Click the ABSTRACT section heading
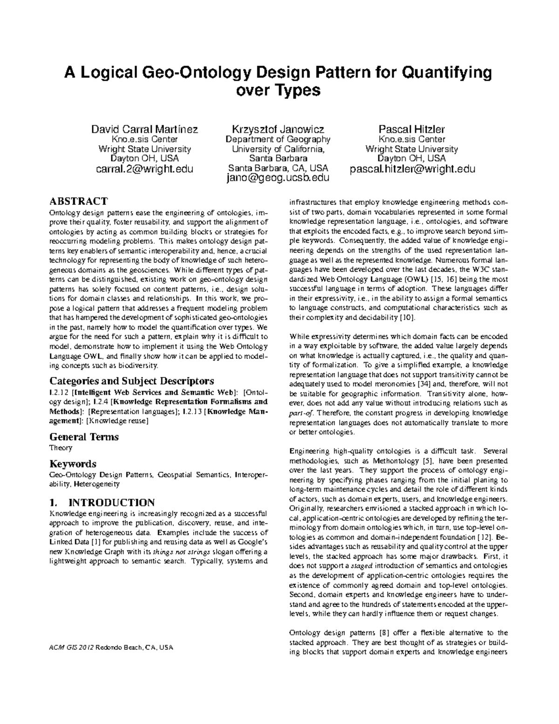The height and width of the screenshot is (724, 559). click(79, 201)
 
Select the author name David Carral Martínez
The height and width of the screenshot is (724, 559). click(144, 129)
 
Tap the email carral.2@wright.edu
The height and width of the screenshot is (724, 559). click(144, 168)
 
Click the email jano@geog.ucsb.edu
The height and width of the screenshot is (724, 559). click(278, 178)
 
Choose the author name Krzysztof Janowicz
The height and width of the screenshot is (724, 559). click(278, 129)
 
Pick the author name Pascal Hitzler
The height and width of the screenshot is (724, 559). click(412, 129)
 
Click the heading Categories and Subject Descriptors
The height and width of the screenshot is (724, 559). click(132, 380)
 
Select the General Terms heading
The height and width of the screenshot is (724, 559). click(84, 437)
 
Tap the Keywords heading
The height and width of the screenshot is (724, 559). click(73, 464)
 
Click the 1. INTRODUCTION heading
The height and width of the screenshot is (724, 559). click(102, 503)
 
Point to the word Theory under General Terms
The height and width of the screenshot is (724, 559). click(61, 448)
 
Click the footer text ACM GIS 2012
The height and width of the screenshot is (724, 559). click(72, 648)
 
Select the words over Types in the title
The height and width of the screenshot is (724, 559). click(278, 90)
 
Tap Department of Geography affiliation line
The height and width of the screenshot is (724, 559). click(278, 139)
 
